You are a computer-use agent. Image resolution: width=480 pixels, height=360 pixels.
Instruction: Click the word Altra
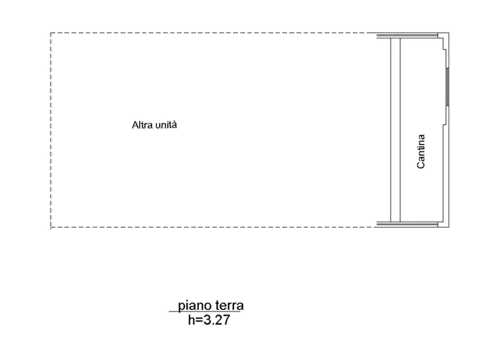pyautogui.click(x=142, y=125)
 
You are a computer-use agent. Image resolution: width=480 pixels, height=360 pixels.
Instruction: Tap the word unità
pyautogui.click(x=166, y=125)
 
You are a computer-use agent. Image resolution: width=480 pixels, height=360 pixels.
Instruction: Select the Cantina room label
pyautogui.click(x=421, y=151)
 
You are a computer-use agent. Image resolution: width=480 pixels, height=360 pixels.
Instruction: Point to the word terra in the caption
pyautogui.click(x=230, y=306)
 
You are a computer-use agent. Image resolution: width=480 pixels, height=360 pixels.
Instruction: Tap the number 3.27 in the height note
pyautogui.click(x=217, y=320)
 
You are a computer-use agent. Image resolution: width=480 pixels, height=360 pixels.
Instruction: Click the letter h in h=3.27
pyautogui.click(x=191, y=320)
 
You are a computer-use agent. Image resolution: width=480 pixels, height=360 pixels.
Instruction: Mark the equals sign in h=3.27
pyautogui.click(x=199, y=321)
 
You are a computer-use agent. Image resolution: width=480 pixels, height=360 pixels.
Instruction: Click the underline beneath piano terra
pyautogui.click(x=204, y=312)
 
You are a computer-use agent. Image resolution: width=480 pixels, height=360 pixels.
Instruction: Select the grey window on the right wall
pyautogui.click(x=447, y=87)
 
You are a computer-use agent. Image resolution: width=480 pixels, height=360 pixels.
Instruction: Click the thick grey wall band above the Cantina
pyautogui.click(x=407, y=36)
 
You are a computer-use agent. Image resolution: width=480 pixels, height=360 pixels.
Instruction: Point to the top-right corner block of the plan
pyautogui.click(x=443, y=35)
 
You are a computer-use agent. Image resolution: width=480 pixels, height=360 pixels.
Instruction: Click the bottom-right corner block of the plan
pyautogui.click(x=443, y=225)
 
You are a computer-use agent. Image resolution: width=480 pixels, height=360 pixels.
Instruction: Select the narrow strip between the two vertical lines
pyautogui.click(x=395, y=130)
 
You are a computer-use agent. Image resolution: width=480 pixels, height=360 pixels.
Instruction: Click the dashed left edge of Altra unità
pyautogui.click(x=51, y=130)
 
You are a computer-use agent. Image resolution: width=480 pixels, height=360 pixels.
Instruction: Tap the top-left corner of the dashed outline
pyautogui.click(x=51, y=33)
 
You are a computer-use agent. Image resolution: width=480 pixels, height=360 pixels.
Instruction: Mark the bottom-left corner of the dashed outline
pyautogui.click(x=51, y=227)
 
